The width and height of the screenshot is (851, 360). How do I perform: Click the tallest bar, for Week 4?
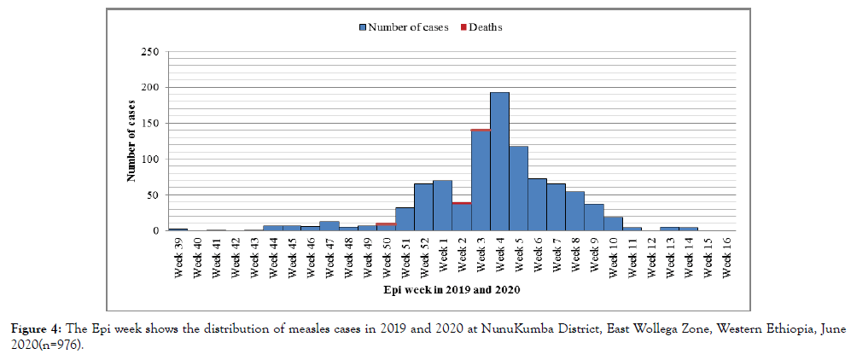pyautogui.click(x=499, y=162)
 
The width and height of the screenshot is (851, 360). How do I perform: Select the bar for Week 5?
pyautogui.click(x=518, y=189)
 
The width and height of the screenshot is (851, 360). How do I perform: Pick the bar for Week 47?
pyautogui.click(x=329, y=226)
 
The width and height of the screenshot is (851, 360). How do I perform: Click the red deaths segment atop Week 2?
pyautogui.click(x=462, y=203)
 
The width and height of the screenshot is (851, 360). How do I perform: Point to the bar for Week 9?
pyautogui.click(x=594, y=218)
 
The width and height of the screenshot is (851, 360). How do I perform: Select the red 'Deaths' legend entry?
pyautogui.click(x=482, y=27)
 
